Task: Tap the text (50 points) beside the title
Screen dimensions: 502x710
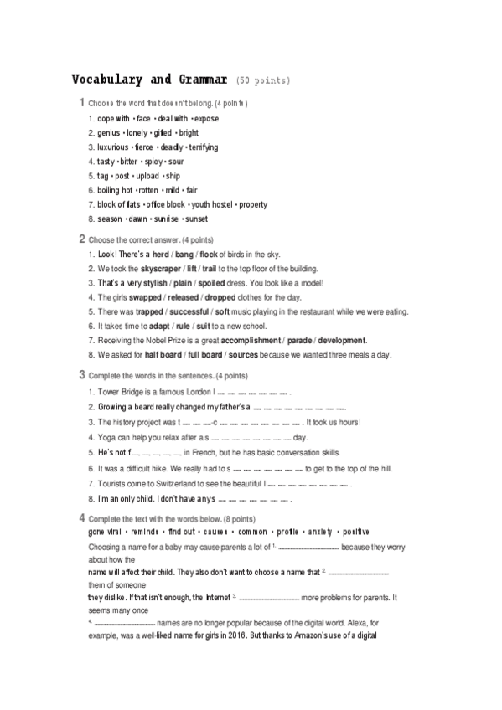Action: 264,81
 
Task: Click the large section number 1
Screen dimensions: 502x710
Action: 81,102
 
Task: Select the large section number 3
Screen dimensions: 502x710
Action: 81,373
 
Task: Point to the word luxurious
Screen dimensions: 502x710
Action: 113,147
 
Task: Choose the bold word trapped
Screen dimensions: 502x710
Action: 149,311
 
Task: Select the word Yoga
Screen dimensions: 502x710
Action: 106,437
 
